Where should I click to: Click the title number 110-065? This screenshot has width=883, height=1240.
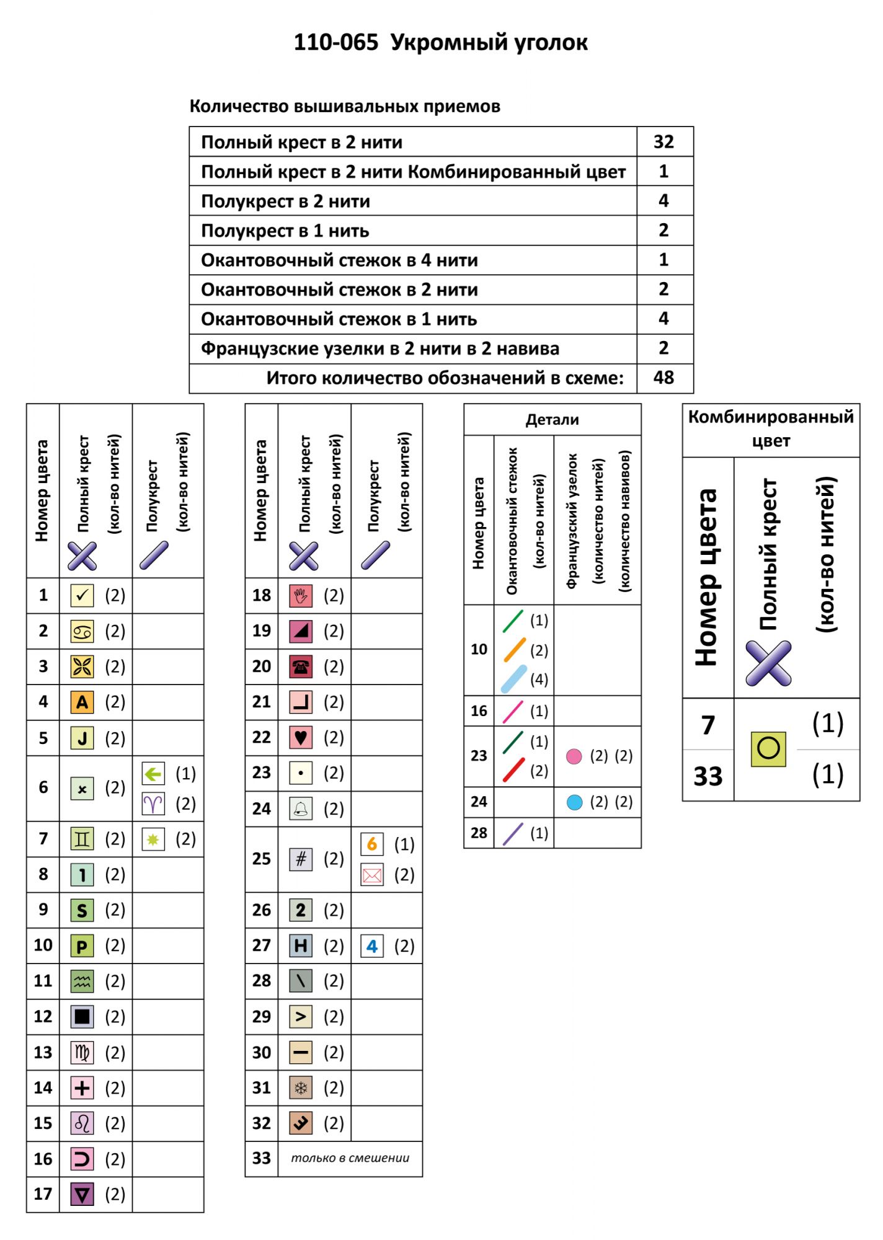[335, 43]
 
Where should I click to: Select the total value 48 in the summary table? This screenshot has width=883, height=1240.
[663, 378]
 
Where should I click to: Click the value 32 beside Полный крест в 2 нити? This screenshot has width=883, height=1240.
[663, 142]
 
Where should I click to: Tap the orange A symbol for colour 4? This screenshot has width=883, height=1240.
[82, 702]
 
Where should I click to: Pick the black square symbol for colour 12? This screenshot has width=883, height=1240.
[82, 1016]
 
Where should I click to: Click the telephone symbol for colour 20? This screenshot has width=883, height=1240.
[301, 666]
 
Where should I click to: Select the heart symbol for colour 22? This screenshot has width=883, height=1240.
[301, 737]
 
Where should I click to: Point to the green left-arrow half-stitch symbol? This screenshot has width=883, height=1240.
[153, 773]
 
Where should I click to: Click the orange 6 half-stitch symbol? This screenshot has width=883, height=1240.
[372, 844]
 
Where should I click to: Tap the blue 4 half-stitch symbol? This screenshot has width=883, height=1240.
[372, 946]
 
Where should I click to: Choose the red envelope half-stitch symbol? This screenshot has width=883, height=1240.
[372, 875]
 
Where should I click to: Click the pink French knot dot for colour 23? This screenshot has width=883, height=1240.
[574, 756]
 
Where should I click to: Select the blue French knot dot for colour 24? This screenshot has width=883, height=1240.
[575, 802]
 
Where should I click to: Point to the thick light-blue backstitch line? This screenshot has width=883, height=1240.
[514, 679]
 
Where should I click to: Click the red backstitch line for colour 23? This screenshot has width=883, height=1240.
[514, 770]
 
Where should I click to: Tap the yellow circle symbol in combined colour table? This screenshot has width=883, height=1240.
[768, 749]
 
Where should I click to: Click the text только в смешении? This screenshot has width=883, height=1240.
[350, 1158]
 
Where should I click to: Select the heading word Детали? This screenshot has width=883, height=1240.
[552, 420]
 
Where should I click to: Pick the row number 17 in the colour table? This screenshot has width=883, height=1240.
[43, 1193]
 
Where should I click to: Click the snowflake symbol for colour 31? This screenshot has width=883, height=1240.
[301, 1087]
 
